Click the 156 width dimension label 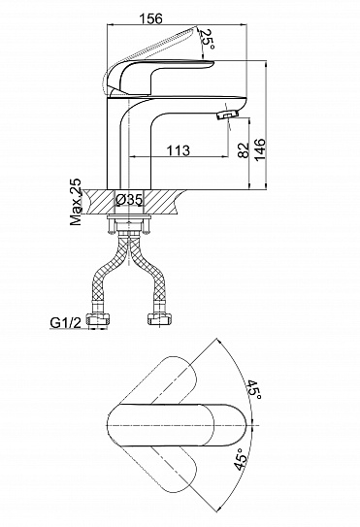click(x=151, y=18)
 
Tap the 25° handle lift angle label click(x=207, y=39)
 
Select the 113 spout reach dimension click(x=178, y=150)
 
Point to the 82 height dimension click(x=244, y=149)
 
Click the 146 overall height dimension click(x=260, y=149)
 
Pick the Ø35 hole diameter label click(x=129, y=200)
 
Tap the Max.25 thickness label click(x=76, y=202)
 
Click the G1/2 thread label click(x=66, y=322)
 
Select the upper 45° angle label click(x=254, y=389)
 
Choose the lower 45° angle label click(x=241, y=459)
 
